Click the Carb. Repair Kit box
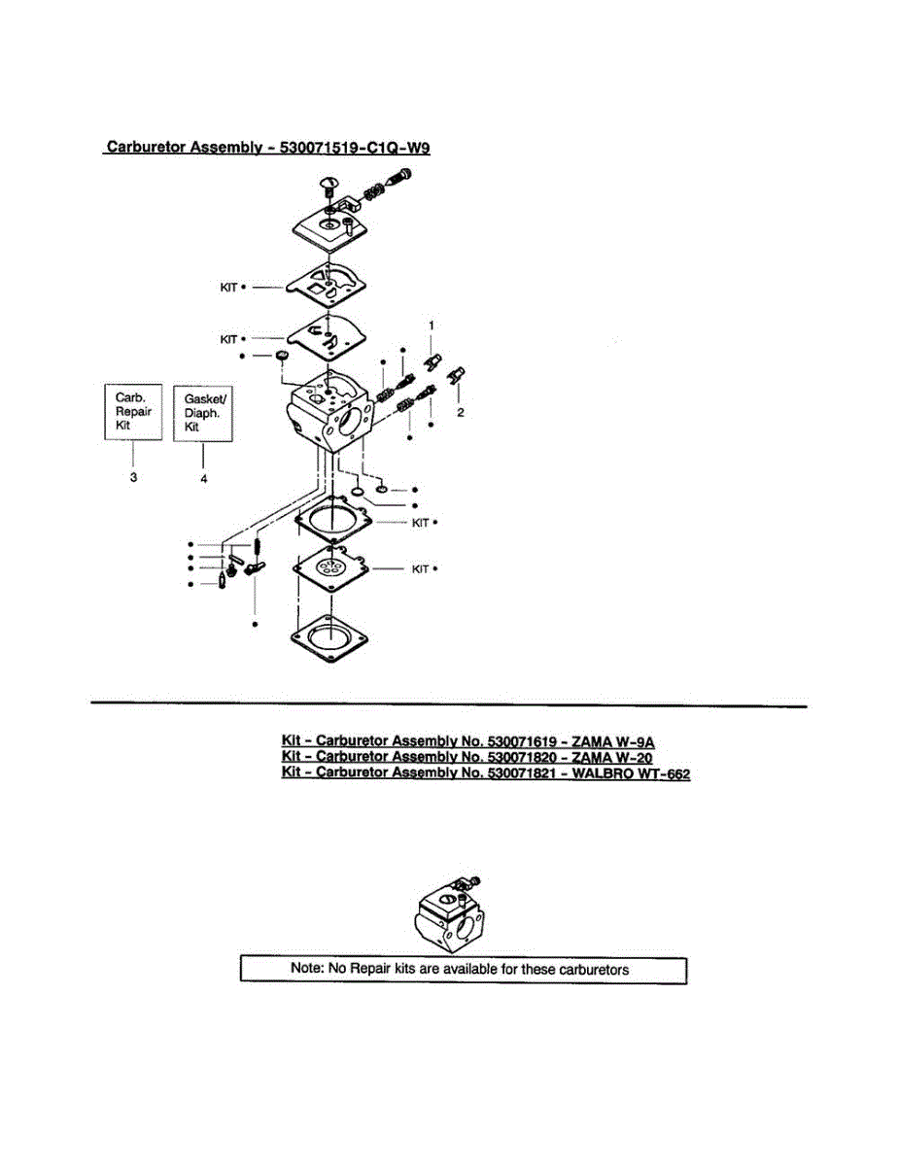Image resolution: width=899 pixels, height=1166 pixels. point(133,412)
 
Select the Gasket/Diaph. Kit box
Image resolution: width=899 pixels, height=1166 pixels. point(203,413)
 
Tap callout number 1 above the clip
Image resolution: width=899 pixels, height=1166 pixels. point(432,323)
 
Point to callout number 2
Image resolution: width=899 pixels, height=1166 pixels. point(461,412)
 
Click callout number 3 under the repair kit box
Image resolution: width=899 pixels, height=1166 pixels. point(133,477)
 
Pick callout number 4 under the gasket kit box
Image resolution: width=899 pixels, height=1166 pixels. point(203,477)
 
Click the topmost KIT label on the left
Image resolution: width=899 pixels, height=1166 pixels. point(229,288)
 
